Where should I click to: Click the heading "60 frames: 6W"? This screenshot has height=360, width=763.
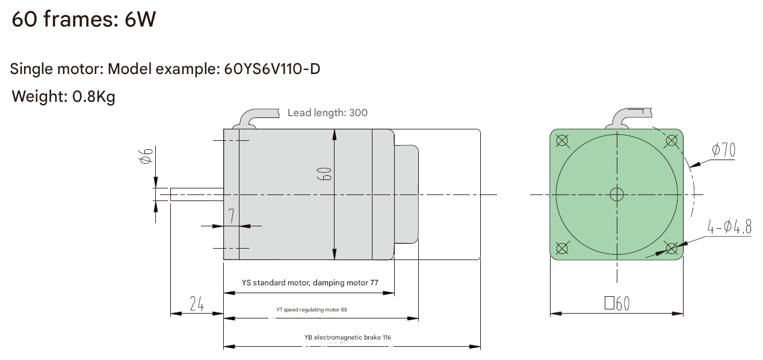tap(84, 19)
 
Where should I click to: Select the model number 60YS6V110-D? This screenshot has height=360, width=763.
tap(272, 69)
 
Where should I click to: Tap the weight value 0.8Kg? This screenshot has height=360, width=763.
tap(94, 96)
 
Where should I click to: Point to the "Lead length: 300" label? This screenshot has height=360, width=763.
tap(327, 113)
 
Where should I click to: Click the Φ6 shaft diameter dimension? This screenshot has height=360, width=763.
tap(146, 156)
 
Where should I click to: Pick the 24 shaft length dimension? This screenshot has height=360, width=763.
tap(197, 304)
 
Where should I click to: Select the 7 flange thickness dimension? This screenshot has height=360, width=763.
tap(232, 216)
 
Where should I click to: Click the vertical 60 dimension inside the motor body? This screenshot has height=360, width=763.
tap(324, 174)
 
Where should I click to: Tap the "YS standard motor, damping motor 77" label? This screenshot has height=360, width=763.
tap(310, 282)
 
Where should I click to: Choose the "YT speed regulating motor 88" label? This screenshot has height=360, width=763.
tap(312, 309)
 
